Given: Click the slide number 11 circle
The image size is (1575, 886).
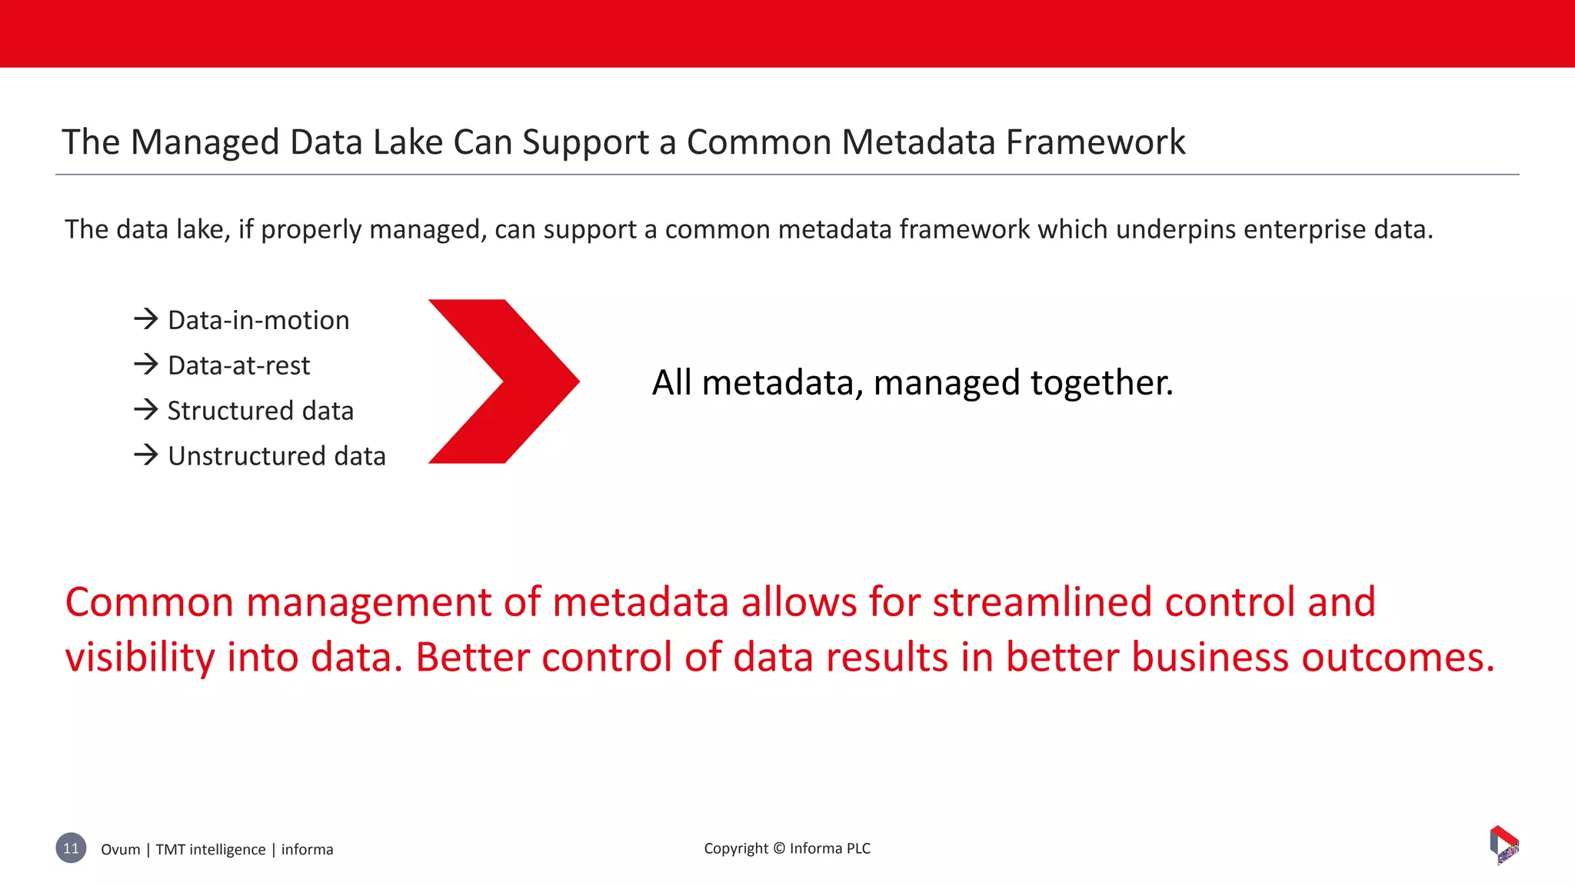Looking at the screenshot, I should [x=71, y=848].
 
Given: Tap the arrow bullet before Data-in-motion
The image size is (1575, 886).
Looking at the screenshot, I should [x=145, y=318].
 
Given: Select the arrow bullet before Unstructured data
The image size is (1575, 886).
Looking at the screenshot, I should [x=145, y=455].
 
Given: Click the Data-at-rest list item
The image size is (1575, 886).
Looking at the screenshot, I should [x=238, y=365].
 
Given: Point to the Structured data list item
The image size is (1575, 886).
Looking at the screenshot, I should [x=260, y=411].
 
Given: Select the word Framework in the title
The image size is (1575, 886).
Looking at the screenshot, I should [x=1095, y=142].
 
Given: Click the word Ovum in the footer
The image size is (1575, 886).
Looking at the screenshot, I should [x=121, y=849].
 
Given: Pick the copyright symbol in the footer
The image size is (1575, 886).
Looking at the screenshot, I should [x=778, y=848].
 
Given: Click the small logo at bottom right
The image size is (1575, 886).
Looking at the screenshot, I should [x=1504, y=844].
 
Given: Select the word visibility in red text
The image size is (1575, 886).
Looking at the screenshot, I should [x=140, y=658].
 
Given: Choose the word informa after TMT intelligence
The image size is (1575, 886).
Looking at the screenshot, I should [x=307, y=849].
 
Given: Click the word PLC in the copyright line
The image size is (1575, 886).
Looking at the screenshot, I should [x=858, y=848].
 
